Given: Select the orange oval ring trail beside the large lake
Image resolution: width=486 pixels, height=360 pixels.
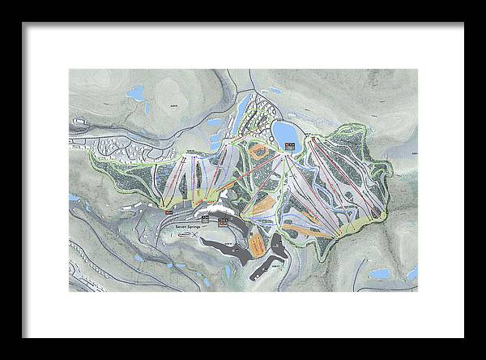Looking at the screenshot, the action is click(259, 151).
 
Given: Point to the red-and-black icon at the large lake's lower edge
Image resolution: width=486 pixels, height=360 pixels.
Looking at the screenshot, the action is click(289, 147).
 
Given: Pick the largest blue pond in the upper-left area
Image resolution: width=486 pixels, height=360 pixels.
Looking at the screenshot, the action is click(134, 92).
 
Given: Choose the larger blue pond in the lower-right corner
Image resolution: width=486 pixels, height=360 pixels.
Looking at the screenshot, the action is click(379, 273).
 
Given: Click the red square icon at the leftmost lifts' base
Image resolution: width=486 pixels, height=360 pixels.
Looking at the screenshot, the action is click(168, 212).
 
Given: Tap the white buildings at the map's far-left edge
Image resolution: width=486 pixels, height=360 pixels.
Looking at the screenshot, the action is click(79, 123).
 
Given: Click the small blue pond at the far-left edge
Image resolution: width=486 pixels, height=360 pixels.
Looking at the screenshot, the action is click(73, 197).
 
